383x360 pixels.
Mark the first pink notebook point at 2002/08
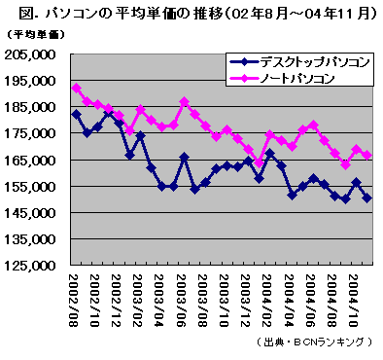[77, 89]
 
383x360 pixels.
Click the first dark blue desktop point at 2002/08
[77, 115]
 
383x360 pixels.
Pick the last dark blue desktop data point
[366, 198]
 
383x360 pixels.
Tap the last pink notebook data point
[366, 155]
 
